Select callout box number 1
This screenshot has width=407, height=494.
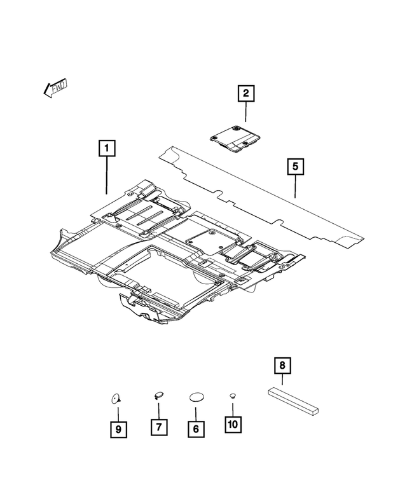tap(107, 149)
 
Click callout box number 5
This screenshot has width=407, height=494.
tap(296, 167)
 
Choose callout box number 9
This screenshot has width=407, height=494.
tap(118, 429)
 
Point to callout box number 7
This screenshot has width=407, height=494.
tap(159, 427)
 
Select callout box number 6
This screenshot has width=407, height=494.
tap(196, 429)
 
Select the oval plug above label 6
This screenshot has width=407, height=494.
tap(196, 397)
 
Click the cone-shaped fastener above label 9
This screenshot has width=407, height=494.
tap(115, 399)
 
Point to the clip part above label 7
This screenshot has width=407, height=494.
tap(158, 395)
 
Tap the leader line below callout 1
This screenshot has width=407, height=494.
tap(107, 175)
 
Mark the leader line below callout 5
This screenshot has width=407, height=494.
tap(296, 188)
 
